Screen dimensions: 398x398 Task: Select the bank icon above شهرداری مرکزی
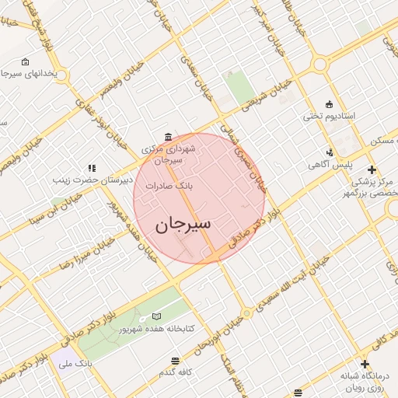(169, 136)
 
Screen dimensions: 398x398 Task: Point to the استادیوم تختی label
(329, 117)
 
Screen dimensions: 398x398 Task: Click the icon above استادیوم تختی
(329, 104)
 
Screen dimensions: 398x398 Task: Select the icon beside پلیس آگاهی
(331, 152)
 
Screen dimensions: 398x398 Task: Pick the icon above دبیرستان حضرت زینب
(92, 167)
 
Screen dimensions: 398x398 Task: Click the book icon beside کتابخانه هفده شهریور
(158, 317)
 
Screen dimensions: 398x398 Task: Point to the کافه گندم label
(175, 373)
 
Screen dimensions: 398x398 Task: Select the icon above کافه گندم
(175, 361)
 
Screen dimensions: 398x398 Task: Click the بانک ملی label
(77, 363)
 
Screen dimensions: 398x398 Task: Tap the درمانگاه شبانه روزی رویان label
(365, 381)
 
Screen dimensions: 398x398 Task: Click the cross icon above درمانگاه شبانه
(365, 363)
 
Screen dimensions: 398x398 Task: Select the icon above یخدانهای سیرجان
(26, 61)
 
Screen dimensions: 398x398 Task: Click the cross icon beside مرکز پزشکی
(372, 169)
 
